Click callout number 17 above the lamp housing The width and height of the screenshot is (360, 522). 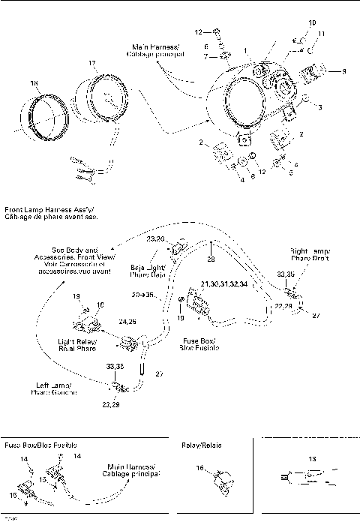(x=91, y=62)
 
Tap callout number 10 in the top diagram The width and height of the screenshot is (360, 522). (x=312, y=22)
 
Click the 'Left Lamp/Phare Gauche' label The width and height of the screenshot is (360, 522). (x=53, y=387)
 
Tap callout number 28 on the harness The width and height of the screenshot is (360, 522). (x=211, y=258)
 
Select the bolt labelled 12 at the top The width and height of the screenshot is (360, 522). (x=216, y=33)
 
